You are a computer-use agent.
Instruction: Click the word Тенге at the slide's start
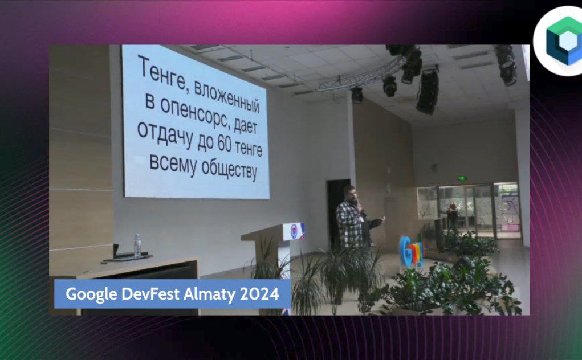click(x=162, y=73)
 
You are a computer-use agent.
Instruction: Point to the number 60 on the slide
click(x=224, y=143)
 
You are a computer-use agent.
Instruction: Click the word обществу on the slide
click(x=229, y=169)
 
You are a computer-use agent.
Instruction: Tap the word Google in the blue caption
click(x=91, y=294)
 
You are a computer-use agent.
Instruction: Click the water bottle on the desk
click(x=137, y=246)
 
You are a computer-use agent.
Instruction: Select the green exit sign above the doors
click(x=462, y=178)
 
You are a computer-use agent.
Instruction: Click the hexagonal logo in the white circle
click(x=564, y=41)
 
